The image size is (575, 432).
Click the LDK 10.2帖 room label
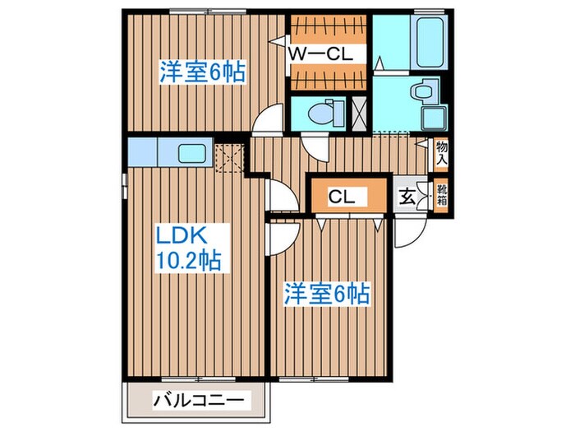click(x=188, y=249)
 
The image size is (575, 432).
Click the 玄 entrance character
click(x=407, y=197)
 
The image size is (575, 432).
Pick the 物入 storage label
click(x=442, y=153)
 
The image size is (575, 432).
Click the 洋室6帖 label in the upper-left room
click(x=202, y=72)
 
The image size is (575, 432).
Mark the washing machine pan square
click(x=431, y=117)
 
